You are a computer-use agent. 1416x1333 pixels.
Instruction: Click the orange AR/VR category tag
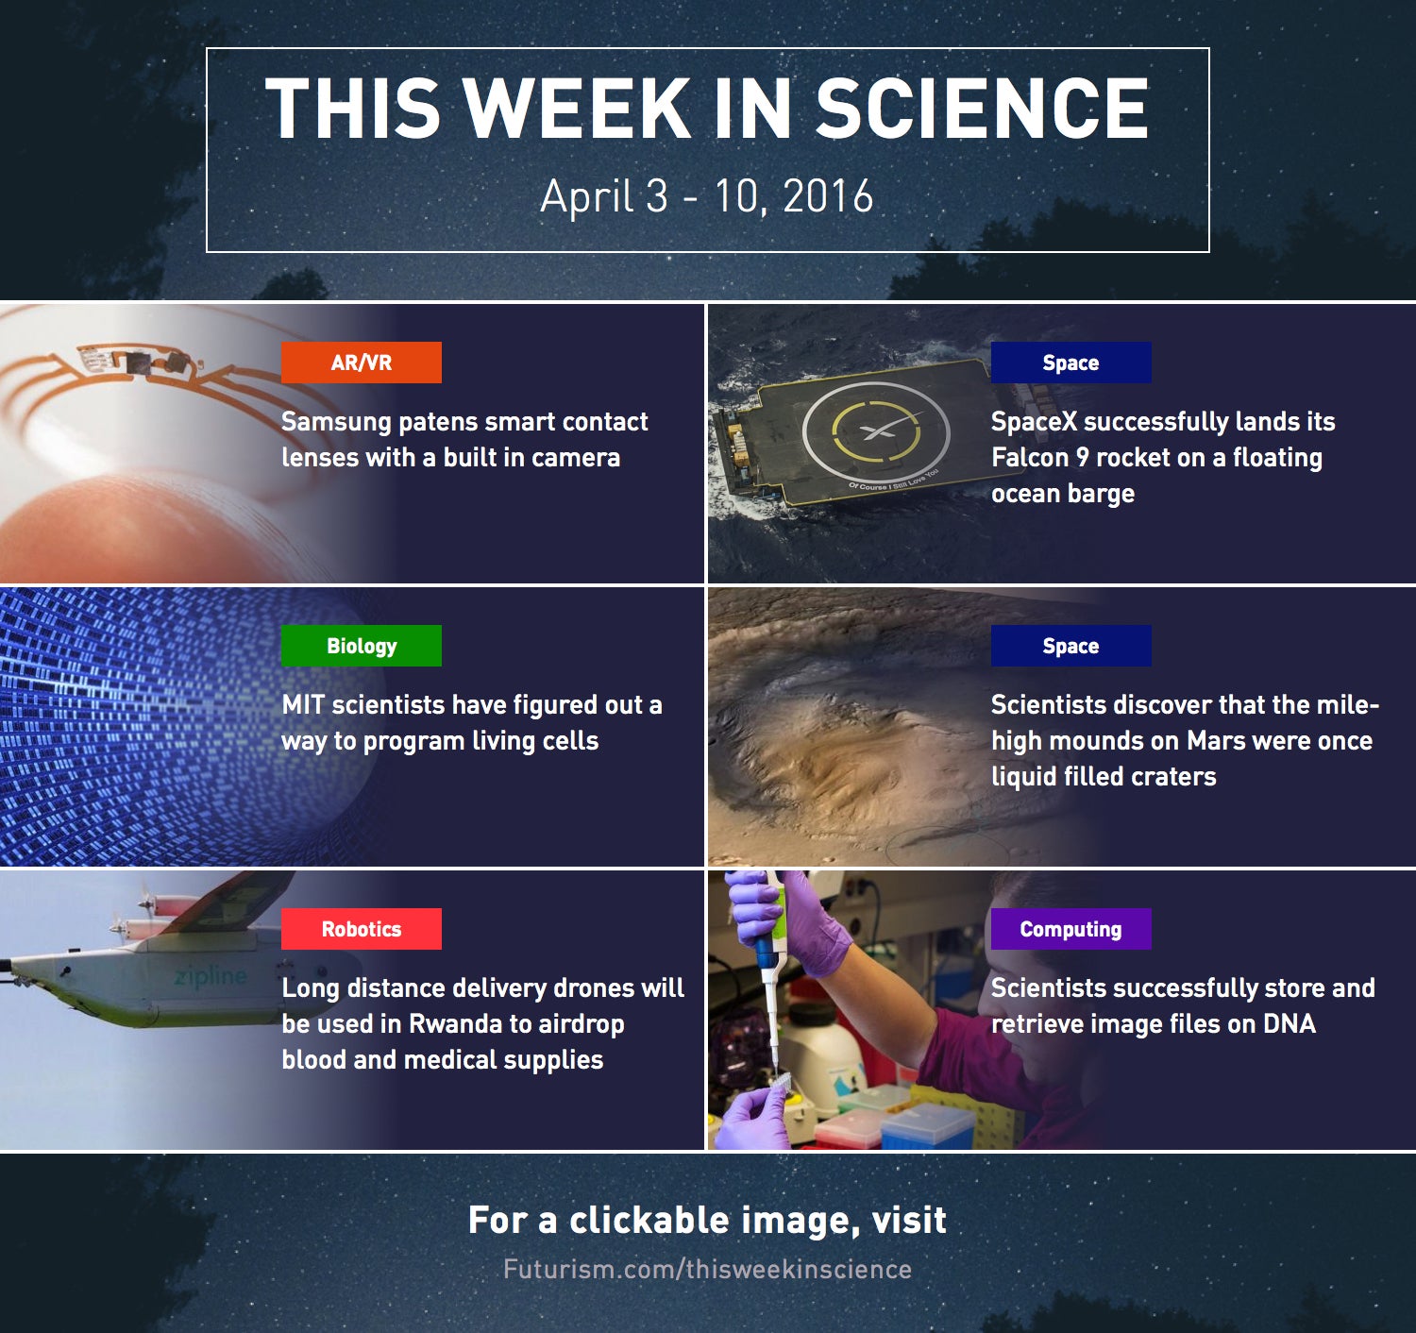pyautogui.click(x=361, y=363)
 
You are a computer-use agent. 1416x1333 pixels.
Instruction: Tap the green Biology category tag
pyautogui.click(x=361, y=646)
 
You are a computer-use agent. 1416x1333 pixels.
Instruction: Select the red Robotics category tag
pyautogui.click(x=361, y=929)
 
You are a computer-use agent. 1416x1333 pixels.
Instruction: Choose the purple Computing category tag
pyautogui.click(x=1070, y=929)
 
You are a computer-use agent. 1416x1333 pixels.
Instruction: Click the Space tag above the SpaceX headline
pyautogui.click(x=1070, y=363)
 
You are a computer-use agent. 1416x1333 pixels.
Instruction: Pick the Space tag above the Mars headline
pyautogui.click(x=1070, y=646)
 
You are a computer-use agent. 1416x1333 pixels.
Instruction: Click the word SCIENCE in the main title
pyautogui.click(x=982, y=108)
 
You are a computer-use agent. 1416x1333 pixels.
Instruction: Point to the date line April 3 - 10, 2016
pyautogui.click(x=706, y=196)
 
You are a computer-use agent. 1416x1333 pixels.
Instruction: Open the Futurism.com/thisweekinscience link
pyautogui.click(x=707, y=1270)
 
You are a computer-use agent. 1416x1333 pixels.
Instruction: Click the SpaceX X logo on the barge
pyautogui.click(x=877, y=430)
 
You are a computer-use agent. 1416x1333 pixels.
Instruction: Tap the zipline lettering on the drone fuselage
pyautogui.click(x=211, y=976)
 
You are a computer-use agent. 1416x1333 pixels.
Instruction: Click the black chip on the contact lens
pyautogui.click(x=139, y=363)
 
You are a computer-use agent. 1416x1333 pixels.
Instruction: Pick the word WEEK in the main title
pyautogui.click(x=577, y=108)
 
